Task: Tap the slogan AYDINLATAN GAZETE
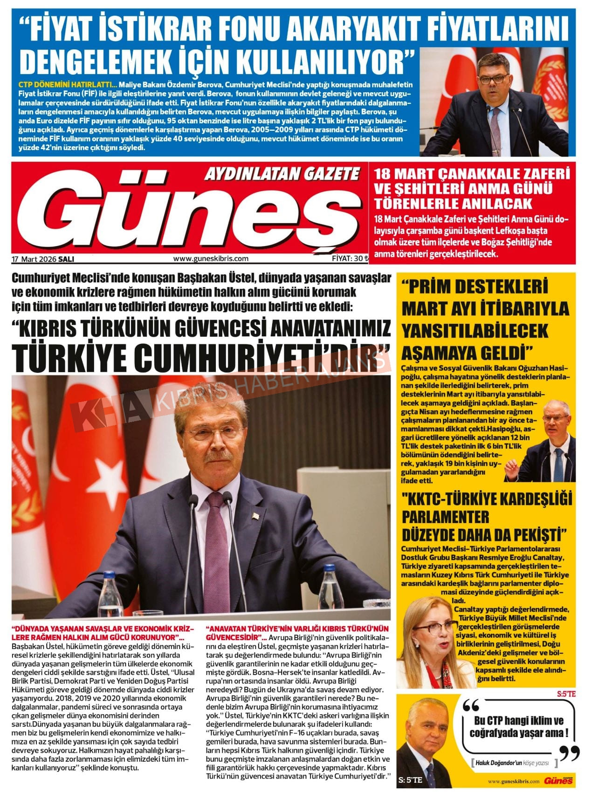click(282, 174)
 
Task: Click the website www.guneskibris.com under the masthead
click(211, 259)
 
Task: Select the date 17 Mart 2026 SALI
click(43, 259)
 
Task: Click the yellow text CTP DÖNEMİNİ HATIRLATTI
click(64, 85)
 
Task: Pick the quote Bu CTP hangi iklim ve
click(518, 721)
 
